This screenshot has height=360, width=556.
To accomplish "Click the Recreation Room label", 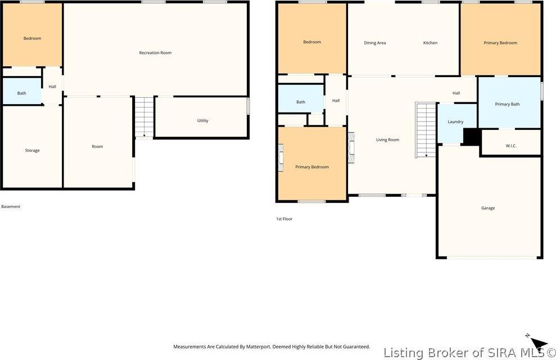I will click(155, 53).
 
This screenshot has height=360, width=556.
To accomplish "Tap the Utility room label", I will click(202, 120).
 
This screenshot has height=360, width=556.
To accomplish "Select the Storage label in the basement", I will click(32, 150).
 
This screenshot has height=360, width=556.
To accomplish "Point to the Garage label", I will click(487, 208).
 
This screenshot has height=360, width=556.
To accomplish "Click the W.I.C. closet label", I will click(510, 146).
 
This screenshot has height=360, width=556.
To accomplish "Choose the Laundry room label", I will click(455, 121).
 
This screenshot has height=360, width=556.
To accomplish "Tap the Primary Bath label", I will click(507, 104).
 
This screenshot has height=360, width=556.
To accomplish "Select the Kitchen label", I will click(430, 43).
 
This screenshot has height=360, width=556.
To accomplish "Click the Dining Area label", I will click(374, 43).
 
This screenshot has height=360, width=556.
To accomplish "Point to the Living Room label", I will click(387, 139).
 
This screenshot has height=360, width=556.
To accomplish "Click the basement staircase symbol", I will click(144, 117).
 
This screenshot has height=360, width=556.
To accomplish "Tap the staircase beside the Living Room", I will click(426, 130).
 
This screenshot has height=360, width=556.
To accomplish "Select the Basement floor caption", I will click(11, 206).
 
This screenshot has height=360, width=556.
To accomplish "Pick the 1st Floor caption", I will click(284, 219).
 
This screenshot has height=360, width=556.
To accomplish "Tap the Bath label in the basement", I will click(21, 93).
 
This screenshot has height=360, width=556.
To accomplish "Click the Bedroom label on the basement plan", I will click(32, 38).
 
